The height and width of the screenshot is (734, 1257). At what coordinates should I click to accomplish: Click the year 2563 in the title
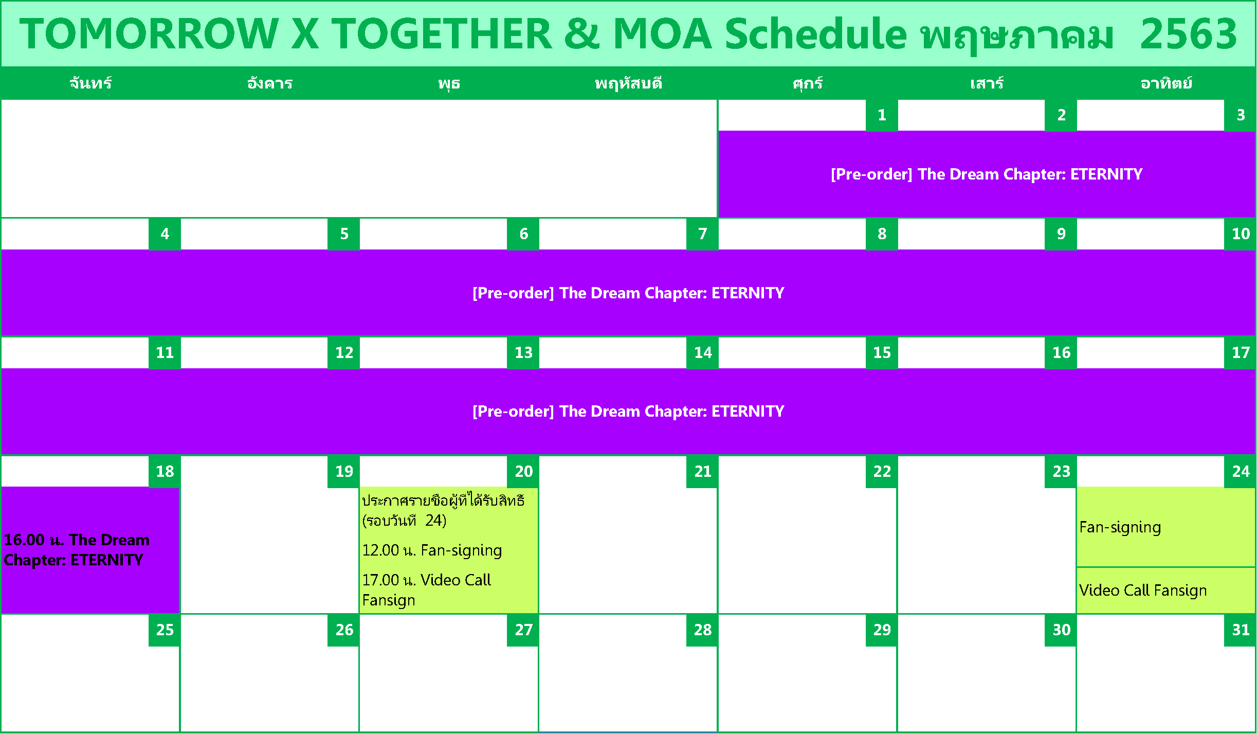[1188, 34]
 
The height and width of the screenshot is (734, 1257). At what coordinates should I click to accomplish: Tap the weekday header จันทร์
[90, 83]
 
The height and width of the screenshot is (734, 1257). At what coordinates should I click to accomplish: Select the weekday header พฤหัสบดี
[628, 83]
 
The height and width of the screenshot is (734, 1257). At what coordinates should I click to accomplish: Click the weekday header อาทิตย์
[1166, 83]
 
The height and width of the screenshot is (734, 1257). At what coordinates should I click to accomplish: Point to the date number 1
[882, 115]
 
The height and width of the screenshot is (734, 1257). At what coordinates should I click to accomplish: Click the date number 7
[702, 234]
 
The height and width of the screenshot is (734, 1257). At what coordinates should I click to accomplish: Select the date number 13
[523, 352]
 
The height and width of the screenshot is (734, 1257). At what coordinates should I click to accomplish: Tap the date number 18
[165, 471]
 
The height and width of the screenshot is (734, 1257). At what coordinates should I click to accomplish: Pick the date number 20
[523, 471]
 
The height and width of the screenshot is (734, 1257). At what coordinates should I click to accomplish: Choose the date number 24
[1241, 471]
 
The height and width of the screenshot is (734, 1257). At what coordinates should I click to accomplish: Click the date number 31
[1241, 630]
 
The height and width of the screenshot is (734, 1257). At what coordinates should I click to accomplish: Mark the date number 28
[702, 630]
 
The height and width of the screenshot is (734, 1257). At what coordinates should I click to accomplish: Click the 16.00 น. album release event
[77, 550]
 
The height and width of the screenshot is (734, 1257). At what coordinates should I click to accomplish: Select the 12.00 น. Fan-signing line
[432, 550]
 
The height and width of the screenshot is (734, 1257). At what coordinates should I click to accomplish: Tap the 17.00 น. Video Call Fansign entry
[427, 590]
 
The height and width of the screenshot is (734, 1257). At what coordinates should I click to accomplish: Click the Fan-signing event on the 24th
[1120, 527]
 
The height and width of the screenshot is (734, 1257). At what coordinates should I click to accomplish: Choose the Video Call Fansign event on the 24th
[1143, 590]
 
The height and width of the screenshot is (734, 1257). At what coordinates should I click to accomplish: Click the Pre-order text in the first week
[987, 174]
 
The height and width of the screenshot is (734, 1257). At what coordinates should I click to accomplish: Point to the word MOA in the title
[663, 34]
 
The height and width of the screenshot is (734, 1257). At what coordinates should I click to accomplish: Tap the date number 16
[1061, 352]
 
